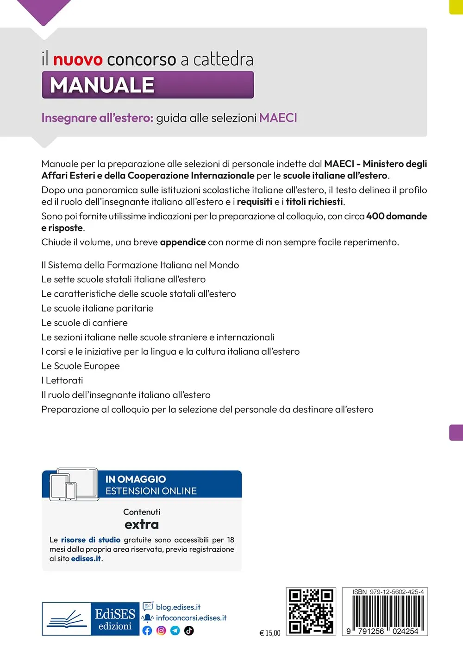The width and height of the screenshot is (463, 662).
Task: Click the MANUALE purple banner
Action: [x=148, y=85]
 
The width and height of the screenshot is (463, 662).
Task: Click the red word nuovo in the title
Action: [x=77, y=60]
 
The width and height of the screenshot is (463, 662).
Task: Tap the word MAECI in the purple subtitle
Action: [x=278, y=118]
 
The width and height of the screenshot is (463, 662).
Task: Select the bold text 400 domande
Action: [x=396, y=216]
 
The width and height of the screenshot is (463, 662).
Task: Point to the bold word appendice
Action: [x=182, y=242]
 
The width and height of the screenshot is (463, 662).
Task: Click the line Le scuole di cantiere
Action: [x=84, y=323]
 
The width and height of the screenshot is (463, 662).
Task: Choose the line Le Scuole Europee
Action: [x=80, y=366]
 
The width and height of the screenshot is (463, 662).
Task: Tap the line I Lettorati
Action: [x=62, y=380]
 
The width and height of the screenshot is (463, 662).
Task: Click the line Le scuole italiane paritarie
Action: [x=97, y=308]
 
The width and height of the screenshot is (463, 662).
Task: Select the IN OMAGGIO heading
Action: [x=135, y=479]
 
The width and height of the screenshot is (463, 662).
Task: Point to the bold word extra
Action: [x=142, y=524]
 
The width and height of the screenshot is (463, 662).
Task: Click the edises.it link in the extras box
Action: [x=86, y=559]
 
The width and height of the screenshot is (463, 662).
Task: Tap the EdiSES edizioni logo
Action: [x=90, y=619]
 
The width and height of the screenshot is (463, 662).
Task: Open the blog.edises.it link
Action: [x=178, y=607]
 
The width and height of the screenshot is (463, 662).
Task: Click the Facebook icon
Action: [x=147, y=630]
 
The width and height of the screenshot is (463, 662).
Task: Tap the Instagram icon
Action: [x=161, y=630]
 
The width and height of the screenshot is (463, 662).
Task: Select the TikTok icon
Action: [x=189, y=630]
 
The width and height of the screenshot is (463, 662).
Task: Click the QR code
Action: [x=311, y=611]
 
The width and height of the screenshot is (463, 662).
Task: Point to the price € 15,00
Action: [x=270, y=633]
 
